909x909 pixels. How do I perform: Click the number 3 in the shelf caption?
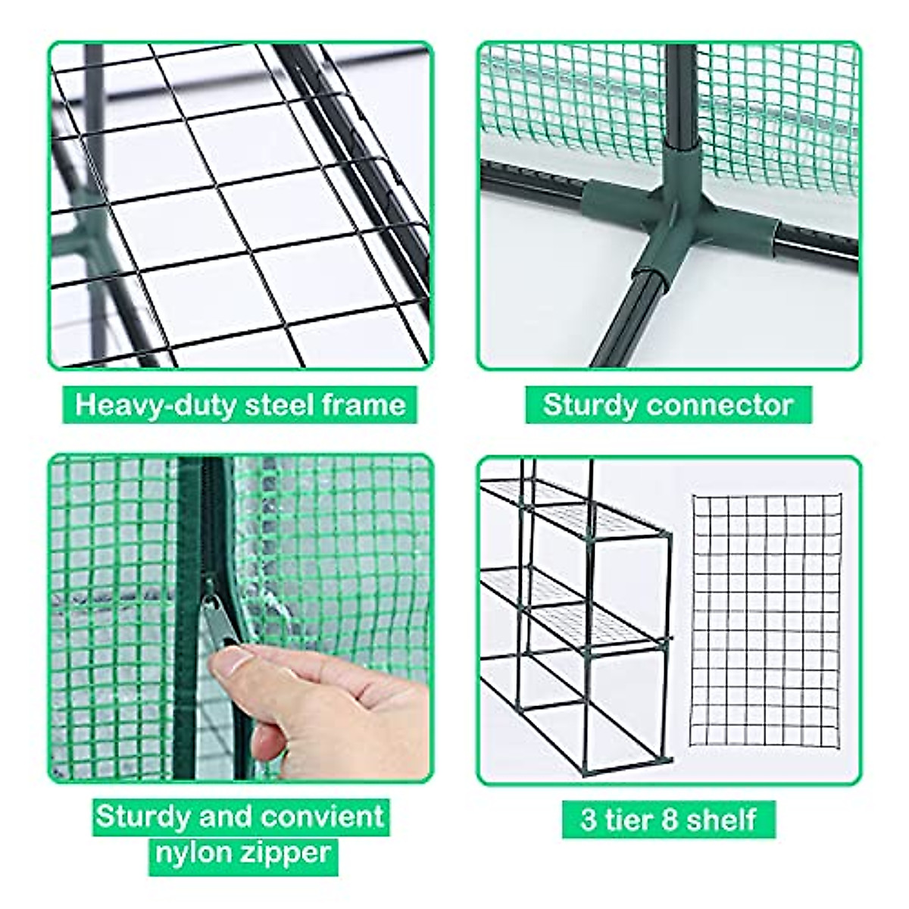(588, 820)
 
